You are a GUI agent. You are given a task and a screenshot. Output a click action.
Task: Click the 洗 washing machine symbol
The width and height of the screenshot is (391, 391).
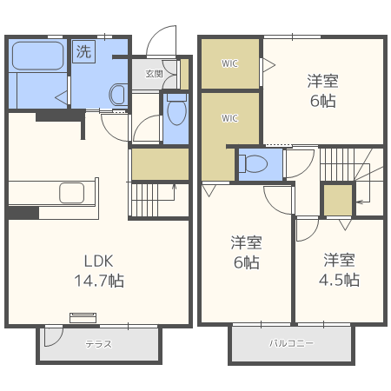tap(83, 51)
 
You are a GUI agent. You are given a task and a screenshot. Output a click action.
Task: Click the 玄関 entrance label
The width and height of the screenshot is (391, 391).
tap(154, 74)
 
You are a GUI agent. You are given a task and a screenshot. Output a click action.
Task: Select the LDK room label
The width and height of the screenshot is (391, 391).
tap(99, 261)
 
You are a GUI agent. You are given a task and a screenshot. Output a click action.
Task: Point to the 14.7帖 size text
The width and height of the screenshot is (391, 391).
tap(99, 281)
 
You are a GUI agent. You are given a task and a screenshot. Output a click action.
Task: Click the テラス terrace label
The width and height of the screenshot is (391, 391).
tap(97, 344)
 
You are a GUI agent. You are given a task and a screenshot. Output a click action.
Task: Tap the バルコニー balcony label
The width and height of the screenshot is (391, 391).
tap(290, 344)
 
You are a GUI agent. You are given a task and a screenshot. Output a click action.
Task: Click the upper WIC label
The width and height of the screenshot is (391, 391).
tap(229, 63)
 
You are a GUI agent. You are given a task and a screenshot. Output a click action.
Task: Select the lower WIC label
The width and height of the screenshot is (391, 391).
tap(229, 118)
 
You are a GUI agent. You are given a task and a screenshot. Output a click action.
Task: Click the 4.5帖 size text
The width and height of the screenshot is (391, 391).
tap(340, 280)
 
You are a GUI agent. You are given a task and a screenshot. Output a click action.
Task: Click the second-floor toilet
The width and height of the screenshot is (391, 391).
tap(254, 162)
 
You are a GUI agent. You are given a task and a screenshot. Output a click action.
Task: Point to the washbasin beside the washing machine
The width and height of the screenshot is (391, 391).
tap(118, 93)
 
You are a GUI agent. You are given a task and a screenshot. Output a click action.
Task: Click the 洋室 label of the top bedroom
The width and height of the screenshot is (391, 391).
tap(322, 82)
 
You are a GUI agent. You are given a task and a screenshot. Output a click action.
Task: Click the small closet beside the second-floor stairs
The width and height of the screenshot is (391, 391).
tap(337, 199)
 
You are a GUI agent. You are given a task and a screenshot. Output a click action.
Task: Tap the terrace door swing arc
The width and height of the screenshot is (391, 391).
tap(53, 337)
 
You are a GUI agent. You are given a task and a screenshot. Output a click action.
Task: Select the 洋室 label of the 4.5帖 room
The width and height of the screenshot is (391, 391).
tap(340, 260)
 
